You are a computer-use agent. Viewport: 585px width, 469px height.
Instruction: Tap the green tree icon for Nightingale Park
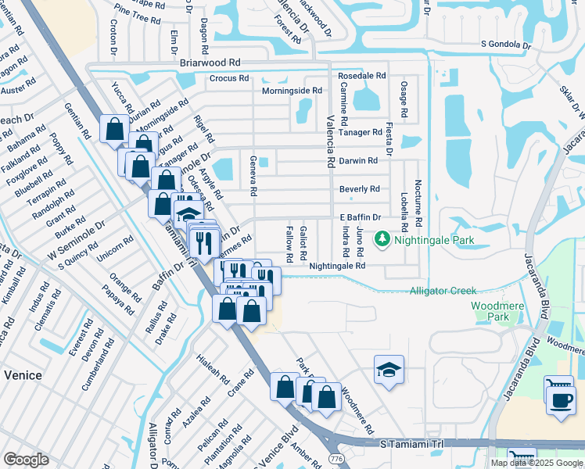click(x=382, y=238)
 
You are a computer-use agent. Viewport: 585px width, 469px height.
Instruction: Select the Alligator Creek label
click(x=443, y=291)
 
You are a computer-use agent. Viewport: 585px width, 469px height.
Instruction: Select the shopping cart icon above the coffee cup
click(x=558, y=385)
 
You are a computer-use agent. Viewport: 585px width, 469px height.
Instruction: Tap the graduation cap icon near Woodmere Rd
click(x=388, y=369)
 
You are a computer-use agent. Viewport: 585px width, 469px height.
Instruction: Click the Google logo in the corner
click(x=26, y=460)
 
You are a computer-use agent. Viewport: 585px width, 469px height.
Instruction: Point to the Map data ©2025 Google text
click(x=537, y=463)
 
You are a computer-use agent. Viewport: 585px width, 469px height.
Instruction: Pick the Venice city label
click(x=22, y=375)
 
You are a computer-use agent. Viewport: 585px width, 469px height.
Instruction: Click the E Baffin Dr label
click(x=359, y=217)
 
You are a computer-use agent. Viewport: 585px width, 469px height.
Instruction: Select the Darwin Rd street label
click(x=358, y=160)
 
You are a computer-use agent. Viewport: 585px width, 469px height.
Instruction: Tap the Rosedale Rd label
click(x=362, y=76)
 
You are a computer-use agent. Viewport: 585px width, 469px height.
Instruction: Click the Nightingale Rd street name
click(x=337, y=266)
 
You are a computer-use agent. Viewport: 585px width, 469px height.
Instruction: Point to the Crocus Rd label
click(x=228, y=78)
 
